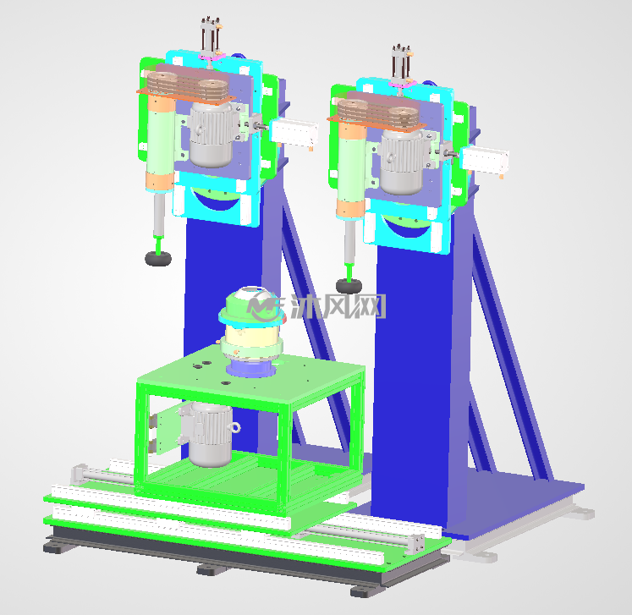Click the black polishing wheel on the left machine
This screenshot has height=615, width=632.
pyautogui.click(x=158, y=258)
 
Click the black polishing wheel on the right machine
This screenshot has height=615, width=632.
pyautogui.click(x=349, y=286)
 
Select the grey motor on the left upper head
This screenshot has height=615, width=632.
pyautogui.click(x=212, y=135)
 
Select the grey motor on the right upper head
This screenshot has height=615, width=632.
pyautogui.click(x=402, y=162)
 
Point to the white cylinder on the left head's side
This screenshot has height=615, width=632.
pyautogui.click(x=294, y=132)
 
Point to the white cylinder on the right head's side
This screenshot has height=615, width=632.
pyautogui.click(x=485, y=160)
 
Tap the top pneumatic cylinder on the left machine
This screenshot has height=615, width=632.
pyautogui.click(x=211, y=38)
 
